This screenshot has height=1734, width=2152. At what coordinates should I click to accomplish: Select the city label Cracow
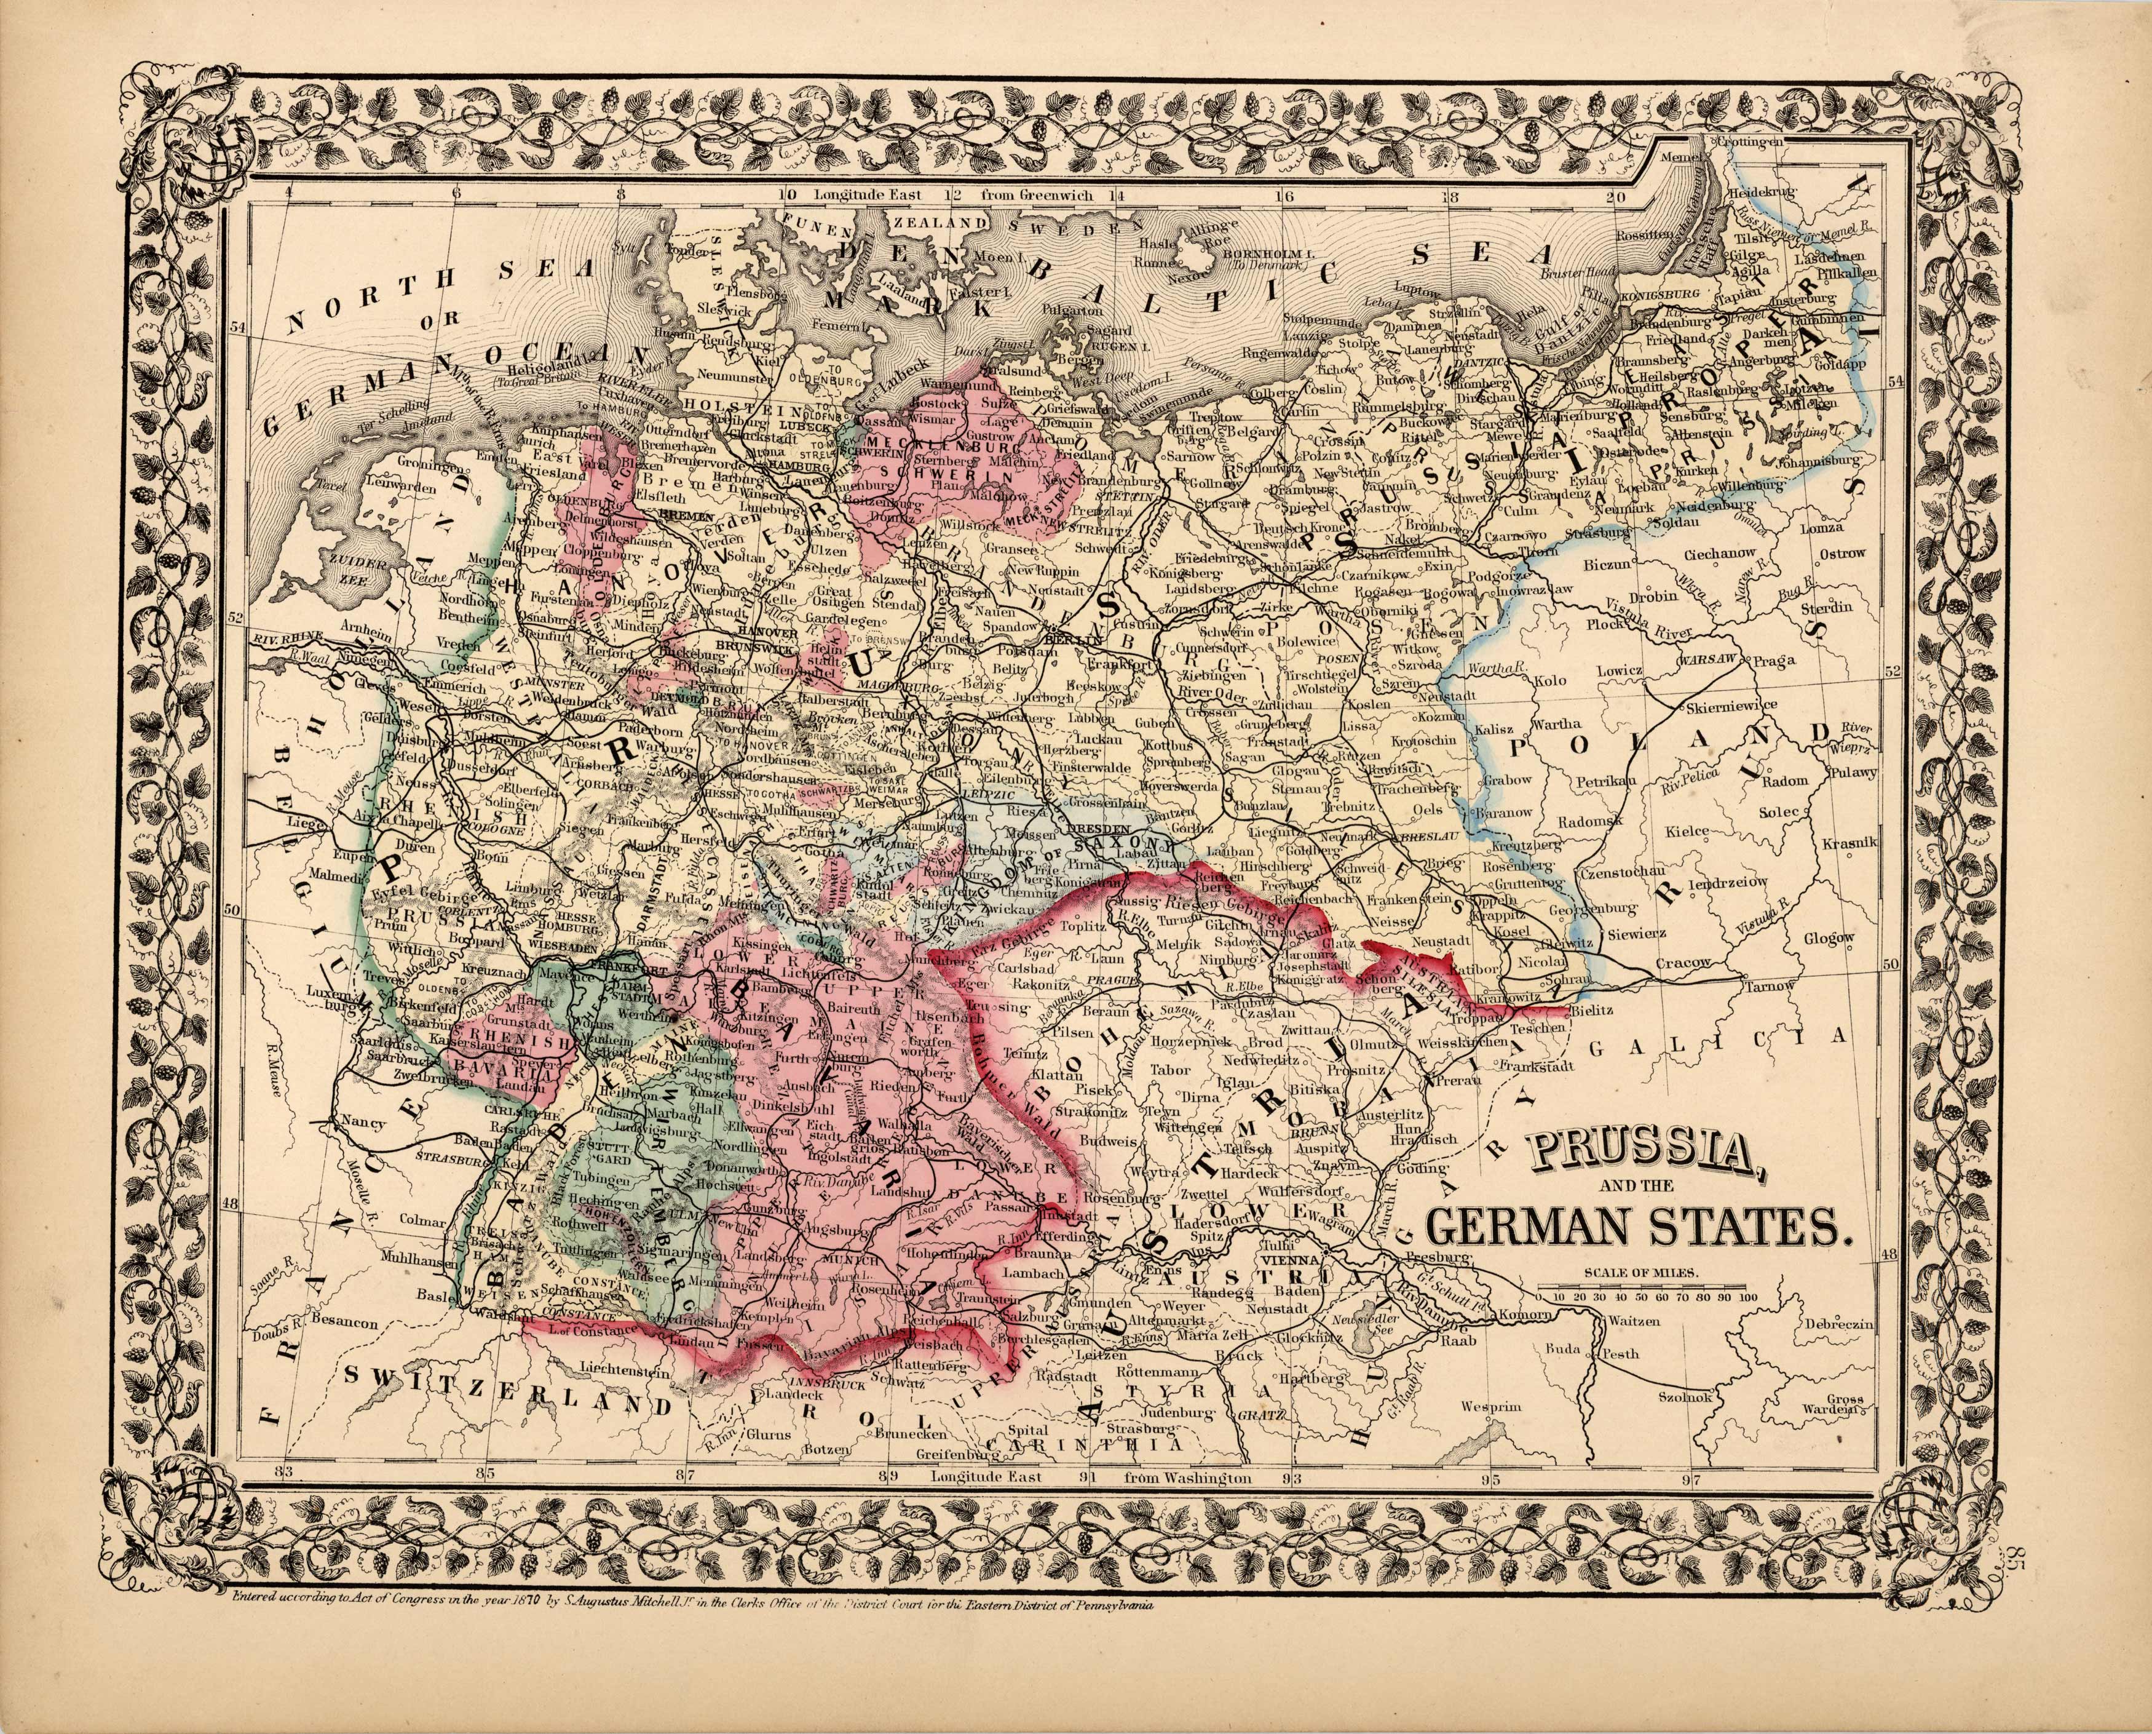(x=1683, y=963)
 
